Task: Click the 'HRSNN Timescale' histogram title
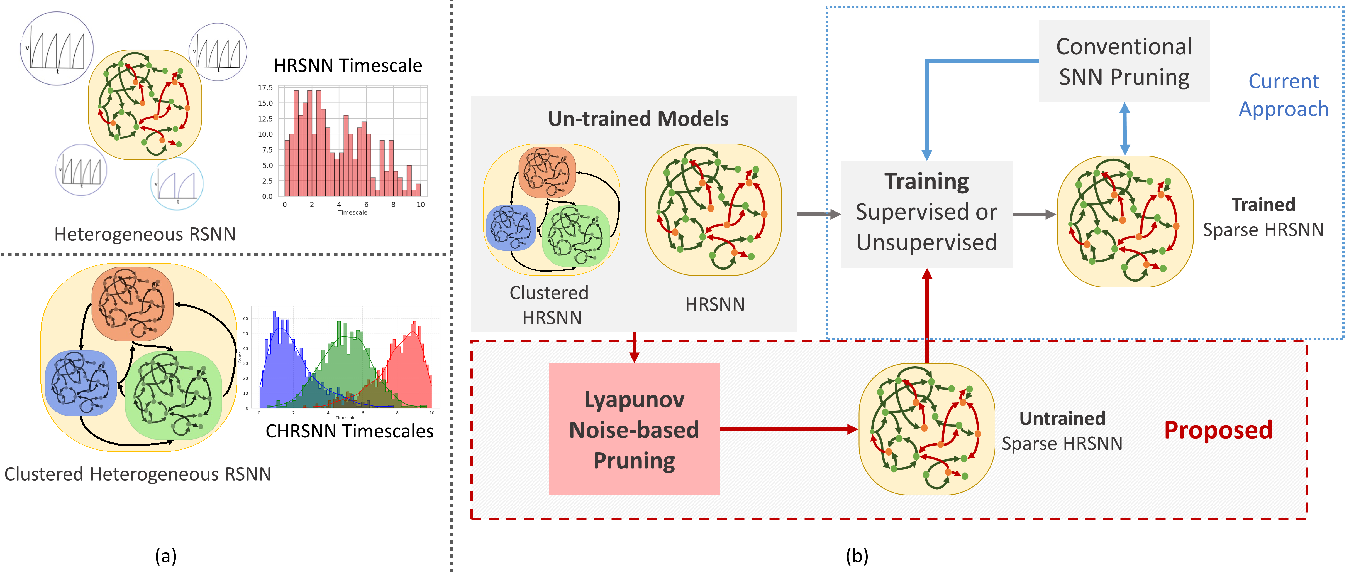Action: (x=348, y=66)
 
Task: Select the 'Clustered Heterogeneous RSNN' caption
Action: (x=138, y=474)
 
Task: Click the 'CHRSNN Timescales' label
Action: (x=349, y=431)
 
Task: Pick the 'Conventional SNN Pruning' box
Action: (x=1124, y=61)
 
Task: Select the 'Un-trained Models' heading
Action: (x=638, y=119)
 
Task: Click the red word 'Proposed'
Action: (x=1218, y=430)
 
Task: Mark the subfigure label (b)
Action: (x=857, y=556)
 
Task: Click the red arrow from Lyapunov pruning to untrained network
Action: (x=788, y=429)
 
